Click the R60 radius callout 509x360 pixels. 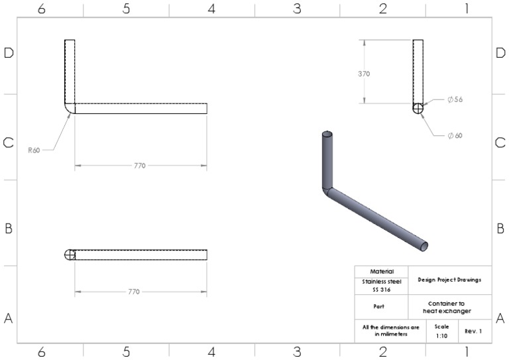[34, 150]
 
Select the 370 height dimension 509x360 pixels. [364, 74]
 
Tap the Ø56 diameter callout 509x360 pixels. [455, 99]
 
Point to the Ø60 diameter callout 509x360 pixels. [455, 135]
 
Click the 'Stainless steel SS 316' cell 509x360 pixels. [382, 285]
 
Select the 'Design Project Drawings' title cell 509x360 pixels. [450, 280]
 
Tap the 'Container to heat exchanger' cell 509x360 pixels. [450, 306]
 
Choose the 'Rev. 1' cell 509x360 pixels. [473, 331]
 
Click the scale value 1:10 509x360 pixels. [441, 335]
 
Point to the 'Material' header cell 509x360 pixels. [382, 271]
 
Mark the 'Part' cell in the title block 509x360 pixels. [382, 306]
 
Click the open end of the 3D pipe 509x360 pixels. [423, 246]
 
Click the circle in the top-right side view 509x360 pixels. [418, 109]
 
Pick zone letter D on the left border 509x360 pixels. [9, 54]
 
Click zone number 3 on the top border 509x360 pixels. [297, 9]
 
